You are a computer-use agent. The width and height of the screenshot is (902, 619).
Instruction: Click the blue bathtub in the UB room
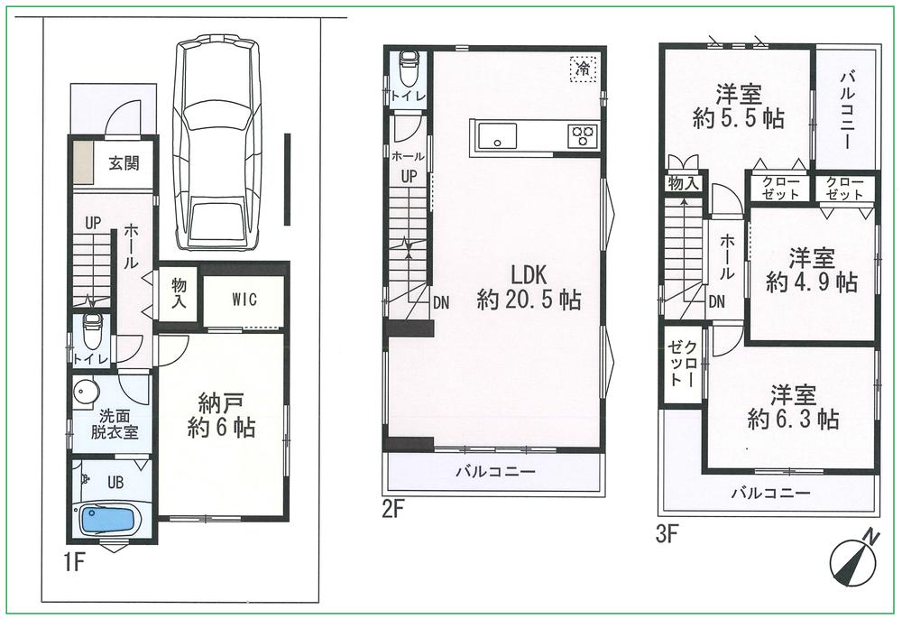click(x=110, y=521)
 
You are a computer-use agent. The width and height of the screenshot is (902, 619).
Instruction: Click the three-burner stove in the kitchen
click(x=583, y=136)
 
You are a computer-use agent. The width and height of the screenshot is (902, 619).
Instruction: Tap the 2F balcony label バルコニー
click(x=494, y=471)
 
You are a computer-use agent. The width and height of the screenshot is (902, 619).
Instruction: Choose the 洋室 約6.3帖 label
click(x=794, y=407)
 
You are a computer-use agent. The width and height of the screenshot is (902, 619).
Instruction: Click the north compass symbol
click(x=852, y=558)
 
